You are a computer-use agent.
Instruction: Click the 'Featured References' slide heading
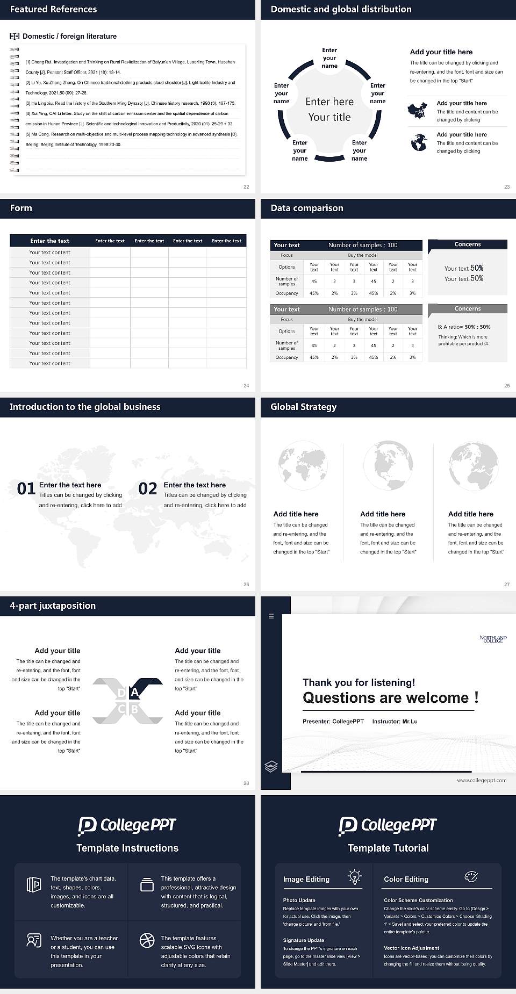point(53,9)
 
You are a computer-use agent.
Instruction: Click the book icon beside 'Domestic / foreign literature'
point(15,36)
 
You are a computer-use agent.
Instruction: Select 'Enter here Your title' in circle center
point(329,109)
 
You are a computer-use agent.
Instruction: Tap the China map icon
point(418,111)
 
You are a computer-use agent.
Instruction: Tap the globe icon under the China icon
point(419,143)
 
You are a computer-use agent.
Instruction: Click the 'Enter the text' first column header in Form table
point(49,241)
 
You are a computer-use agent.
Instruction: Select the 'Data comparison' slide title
point(306,208)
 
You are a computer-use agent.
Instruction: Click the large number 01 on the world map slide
point(26,488)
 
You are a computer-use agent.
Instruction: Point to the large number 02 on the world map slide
point(147,488)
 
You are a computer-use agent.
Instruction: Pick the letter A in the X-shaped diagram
point(135,693)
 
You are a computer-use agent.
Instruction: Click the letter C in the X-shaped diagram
point(121,709)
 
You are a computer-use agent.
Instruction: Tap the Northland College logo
point(493,638)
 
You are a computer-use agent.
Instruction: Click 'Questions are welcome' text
point(385,698)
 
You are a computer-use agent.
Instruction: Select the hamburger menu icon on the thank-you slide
point(271,616)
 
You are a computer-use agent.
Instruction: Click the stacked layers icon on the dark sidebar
point(271,766)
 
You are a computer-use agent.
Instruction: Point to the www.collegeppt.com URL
point(481,780)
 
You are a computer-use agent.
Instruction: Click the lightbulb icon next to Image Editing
point(354,876)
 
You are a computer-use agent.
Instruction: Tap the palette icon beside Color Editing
point(471,876)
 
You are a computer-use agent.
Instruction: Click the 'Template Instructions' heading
point(127,848)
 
